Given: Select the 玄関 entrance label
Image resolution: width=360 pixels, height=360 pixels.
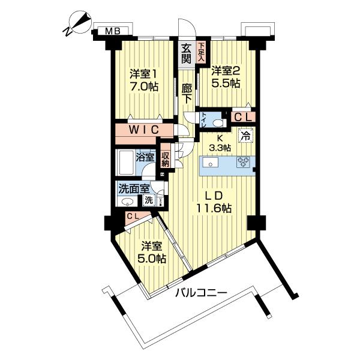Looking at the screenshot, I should (x=187, y=53).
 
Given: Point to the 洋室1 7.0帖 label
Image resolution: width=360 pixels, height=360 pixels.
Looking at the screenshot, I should (x=144, y=80).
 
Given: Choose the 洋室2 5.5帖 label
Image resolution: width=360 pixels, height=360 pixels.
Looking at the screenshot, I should (x=226, y=77).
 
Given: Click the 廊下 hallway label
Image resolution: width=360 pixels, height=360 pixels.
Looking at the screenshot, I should (x=187, y=94).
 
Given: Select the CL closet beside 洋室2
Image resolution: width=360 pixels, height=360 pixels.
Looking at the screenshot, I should (x=242, y=117).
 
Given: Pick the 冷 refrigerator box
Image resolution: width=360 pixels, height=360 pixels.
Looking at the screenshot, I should (x=244, y=137).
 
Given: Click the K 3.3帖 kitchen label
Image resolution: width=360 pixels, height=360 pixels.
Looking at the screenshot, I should (x=220, y=143).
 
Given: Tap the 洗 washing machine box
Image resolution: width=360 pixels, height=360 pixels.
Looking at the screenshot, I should (x=148, y=199).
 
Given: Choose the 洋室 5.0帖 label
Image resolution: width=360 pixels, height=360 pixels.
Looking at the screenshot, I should (x=151, y=253).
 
